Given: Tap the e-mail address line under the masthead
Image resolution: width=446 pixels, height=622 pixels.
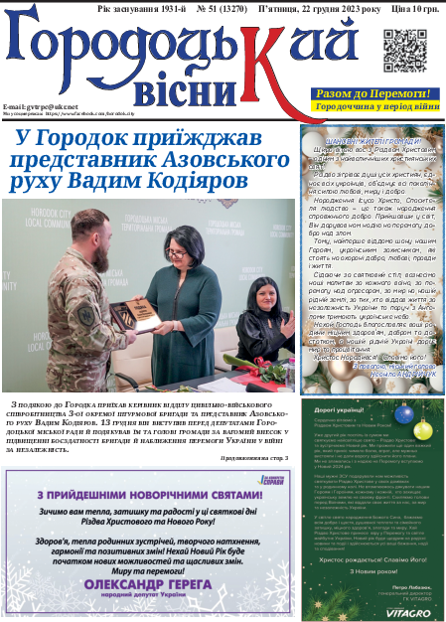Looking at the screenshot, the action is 40,105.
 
